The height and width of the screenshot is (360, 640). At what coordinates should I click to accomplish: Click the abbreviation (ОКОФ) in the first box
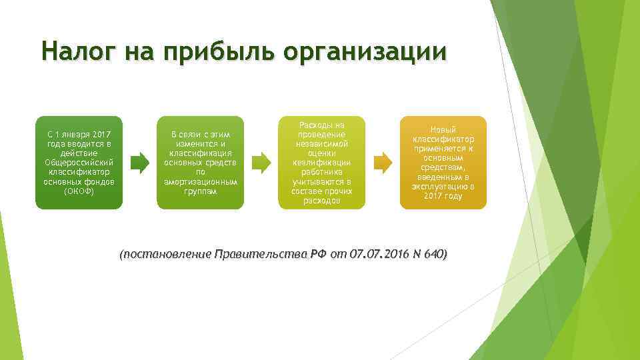pyautogui.click(x=79, y=191)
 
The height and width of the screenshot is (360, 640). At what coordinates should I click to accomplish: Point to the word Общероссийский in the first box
pyautogui.click(x=79, y=163)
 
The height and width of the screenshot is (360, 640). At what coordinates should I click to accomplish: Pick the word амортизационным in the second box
pyautogui.click(x=201, y=182)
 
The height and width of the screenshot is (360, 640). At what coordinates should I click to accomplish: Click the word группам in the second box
pyautogui.click(x=201, y=191)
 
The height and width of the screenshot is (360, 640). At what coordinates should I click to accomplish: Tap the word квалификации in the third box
pyautogui.click(x=321, y=163)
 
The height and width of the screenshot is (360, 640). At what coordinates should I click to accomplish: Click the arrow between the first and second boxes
pyautogui.click(x=139, y=163)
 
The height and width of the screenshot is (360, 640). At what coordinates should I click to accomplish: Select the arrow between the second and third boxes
pyautogui.click(x=261, y=163)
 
